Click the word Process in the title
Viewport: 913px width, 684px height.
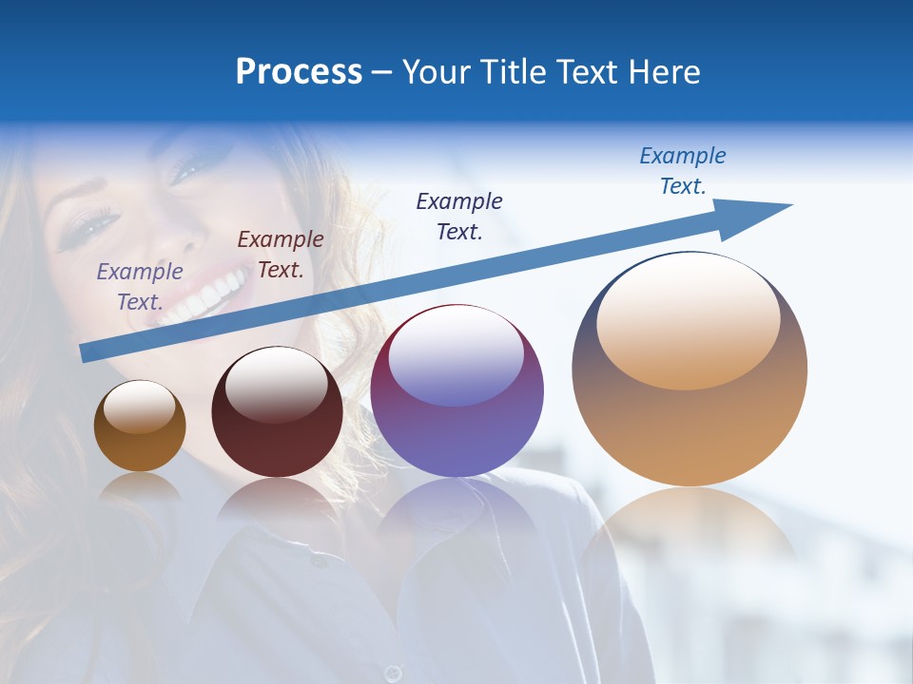pyautogui.click(x=299, y=71)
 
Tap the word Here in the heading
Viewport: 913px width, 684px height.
pyautogui.click(x=664, y=71)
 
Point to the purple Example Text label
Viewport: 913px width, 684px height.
pyautogui.click(x=140, y=287)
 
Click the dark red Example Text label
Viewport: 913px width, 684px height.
pyautogui.click(x=281, y=255)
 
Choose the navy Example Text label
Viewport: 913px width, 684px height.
pyautogui.click(x=459, y=217)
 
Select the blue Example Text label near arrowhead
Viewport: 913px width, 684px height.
pyautogui.click(x=683, y=171)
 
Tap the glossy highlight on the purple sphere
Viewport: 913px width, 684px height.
pyautogui.click(x=456, y=354)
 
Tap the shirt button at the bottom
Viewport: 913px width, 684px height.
pyautogui.click(x=392, y=673)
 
